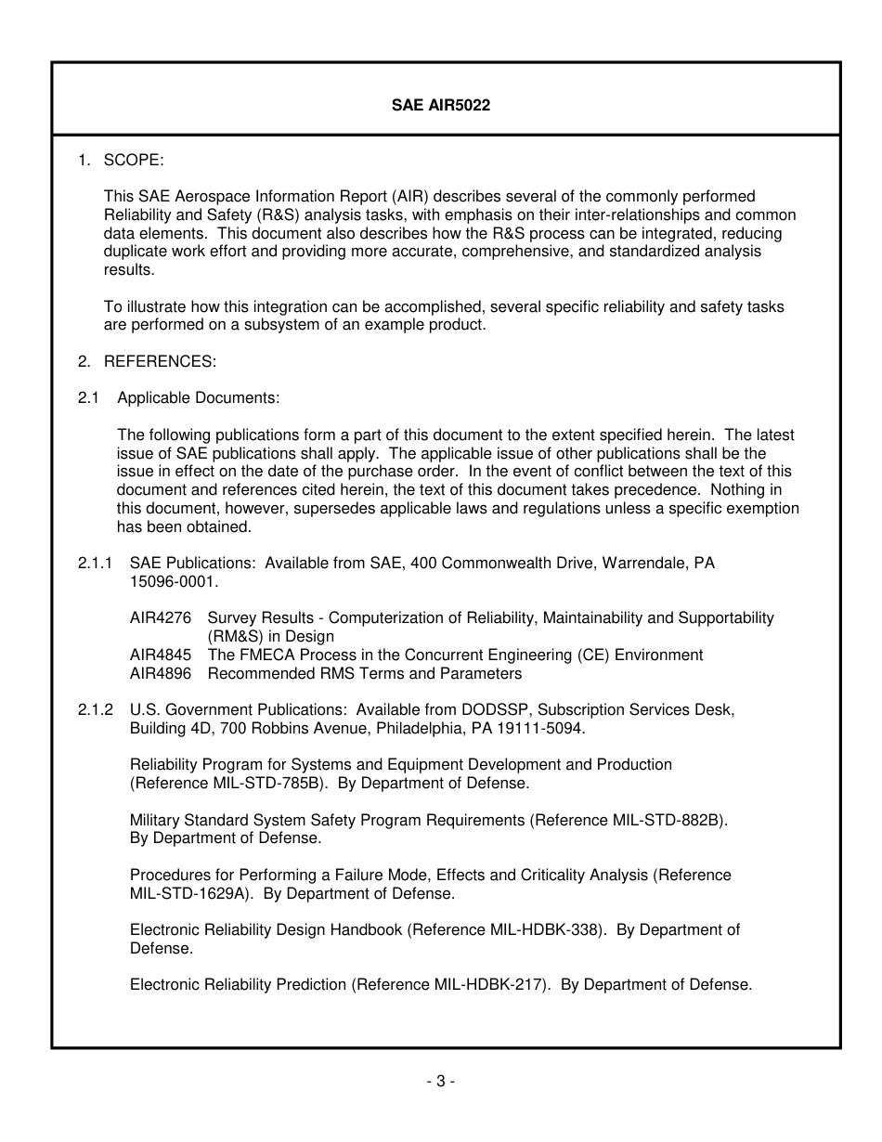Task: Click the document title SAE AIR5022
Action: click(x=440, y=106)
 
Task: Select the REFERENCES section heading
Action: click(x=159, y=361)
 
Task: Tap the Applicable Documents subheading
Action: click(x=198, y=398)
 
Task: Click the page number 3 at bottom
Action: click(x=440, y=1081)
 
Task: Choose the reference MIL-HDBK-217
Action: click(x=487, y=985)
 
